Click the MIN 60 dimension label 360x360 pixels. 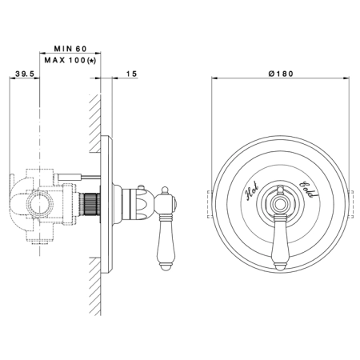pyautogui.click(x=70, y=49)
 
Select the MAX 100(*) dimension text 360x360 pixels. pyautogui.click(x=70, y=60)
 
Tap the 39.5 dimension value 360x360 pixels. pyautogui.click(x=25, y=74)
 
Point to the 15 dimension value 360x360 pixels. pyautogui.click(x=131, y=74)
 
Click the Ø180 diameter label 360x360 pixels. pyautogui.click(x=281, y=74)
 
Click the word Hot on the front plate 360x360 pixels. pyautogui.click(x=252, y=190)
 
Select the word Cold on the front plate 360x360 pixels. pyautogui.click(x=309, y=190)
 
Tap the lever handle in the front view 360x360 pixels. pyautogui.click(x=279, y=242)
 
